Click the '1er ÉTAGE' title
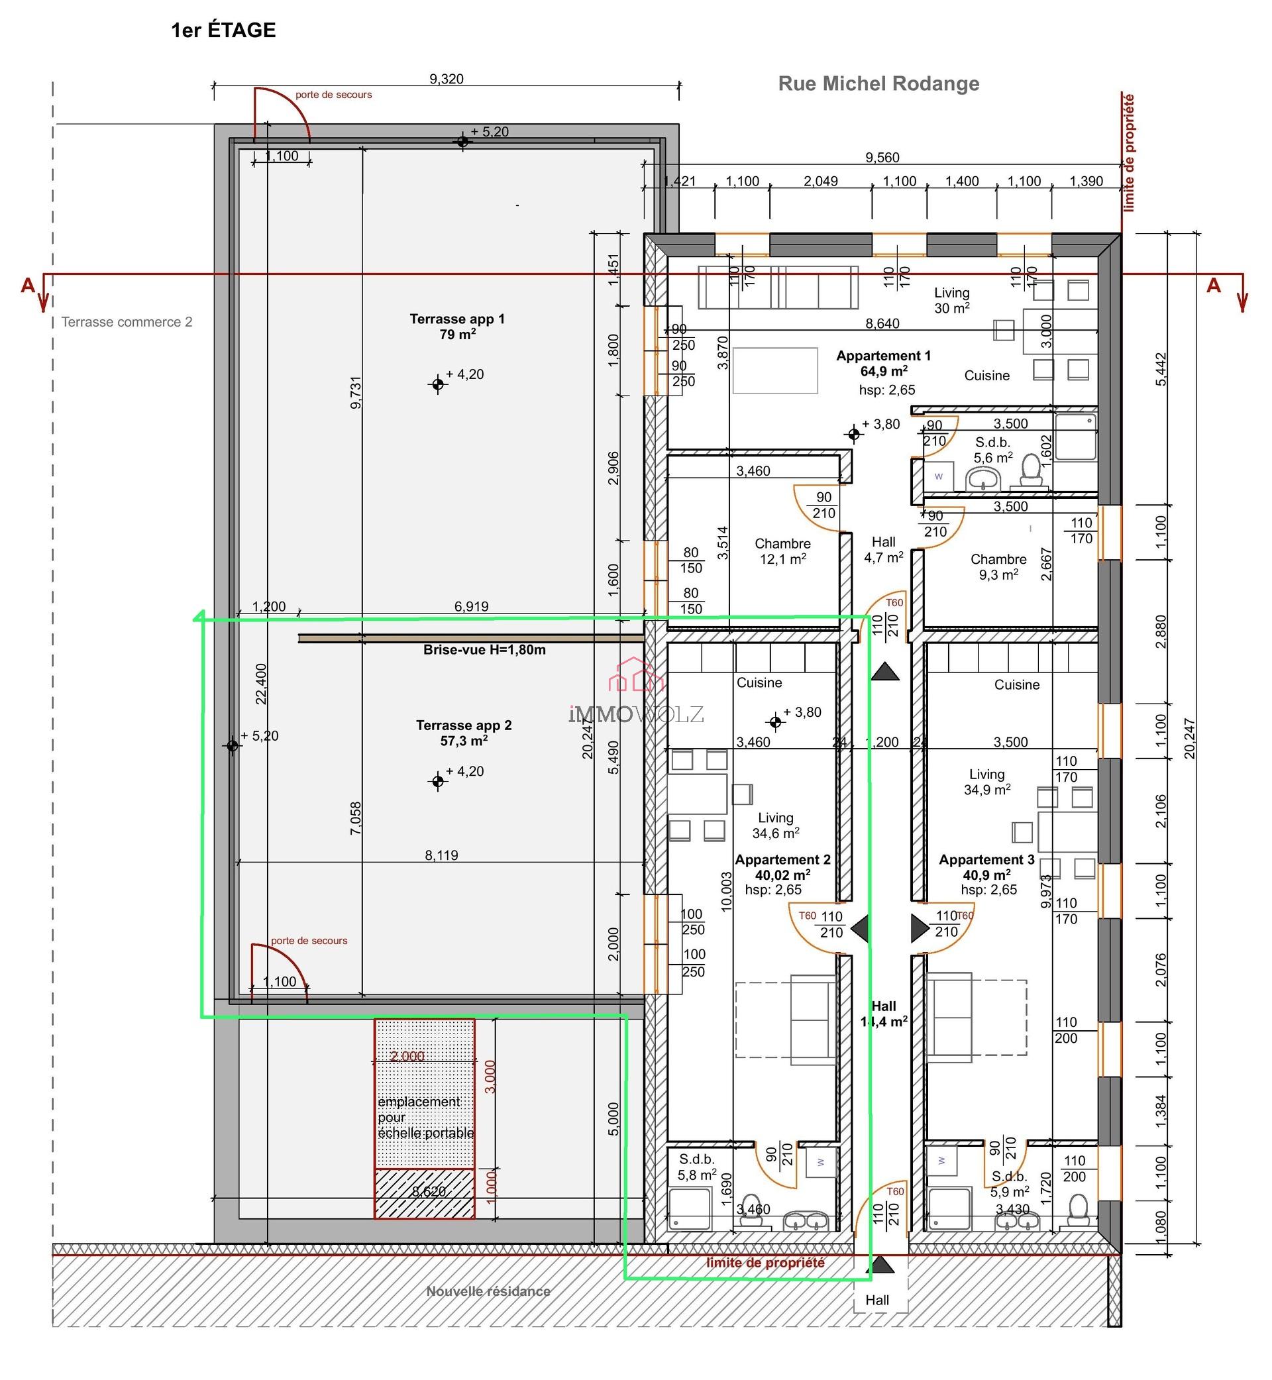tap(223, 30)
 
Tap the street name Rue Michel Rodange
tap(878, 83)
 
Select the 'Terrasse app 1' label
tap(457, 326)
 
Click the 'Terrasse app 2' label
tap(464, 732)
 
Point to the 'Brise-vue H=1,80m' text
tap(484, 650)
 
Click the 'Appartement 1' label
tap(883, 364)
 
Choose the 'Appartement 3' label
tap(986, 867)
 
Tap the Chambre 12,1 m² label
tap(782, 551)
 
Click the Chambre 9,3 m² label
tap(998, 566)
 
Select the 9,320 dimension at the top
tap(446, 79)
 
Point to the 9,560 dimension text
tap(882, 158)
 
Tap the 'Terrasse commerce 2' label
tap(127, 322)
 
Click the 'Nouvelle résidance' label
tap(488, 1291)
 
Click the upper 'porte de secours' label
tap(333, 95)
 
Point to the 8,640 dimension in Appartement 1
tap(882, 323)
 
